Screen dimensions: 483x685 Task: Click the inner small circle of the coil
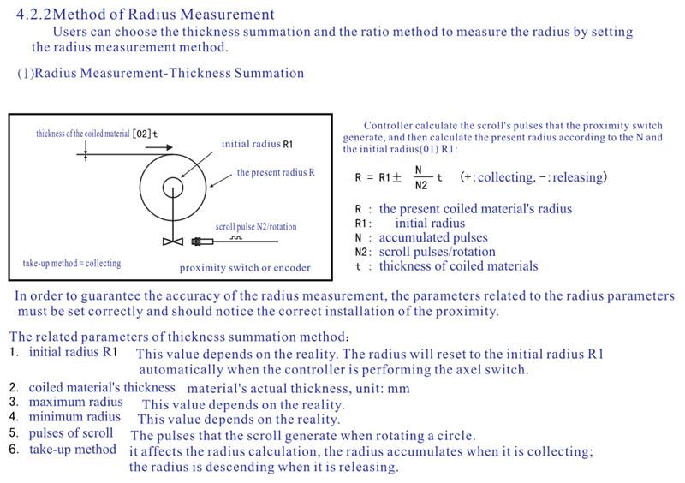point(173,186)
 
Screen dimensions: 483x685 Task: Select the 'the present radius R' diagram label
point(276,172)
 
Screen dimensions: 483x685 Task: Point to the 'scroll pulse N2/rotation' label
point(256,227)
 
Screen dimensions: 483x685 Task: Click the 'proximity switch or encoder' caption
point(245,268)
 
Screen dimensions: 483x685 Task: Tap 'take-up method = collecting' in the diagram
point(72,263)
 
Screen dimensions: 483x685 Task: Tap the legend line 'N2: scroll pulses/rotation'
point(425,252)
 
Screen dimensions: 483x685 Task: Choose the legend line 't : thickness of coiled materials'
point(446,266)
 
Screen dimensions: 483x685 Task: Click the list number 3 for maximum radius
point(14,402)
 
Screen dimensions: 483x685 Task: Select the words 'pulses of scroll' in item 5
point(71,433)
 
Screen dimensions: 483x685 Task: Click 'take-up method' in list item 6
point(73,450)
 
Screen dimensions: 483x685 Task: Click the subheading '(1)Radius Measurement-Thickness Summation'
point(161,73)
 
